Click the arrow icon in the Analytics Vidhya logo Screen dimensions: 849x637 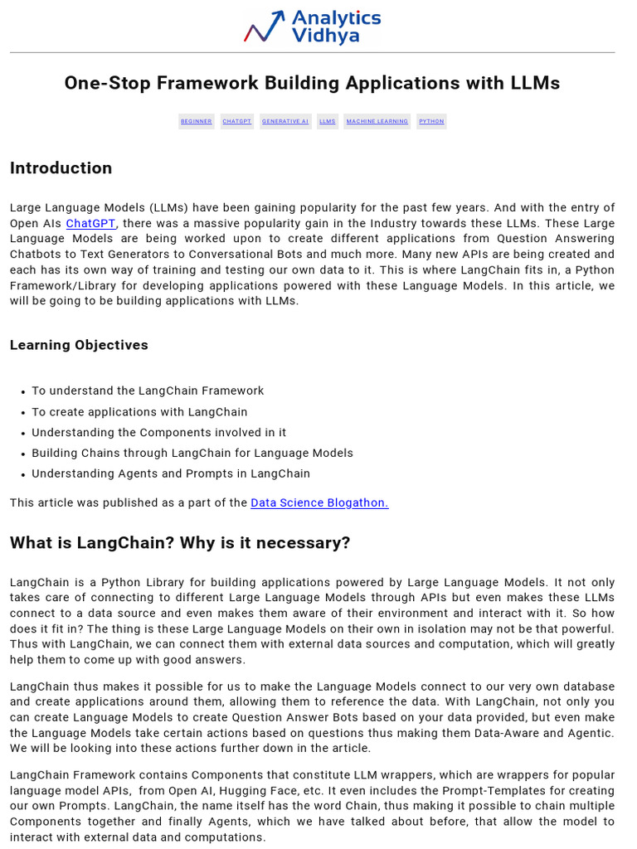point(265,27)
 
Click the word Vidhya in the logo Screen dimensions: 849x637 point(325,36)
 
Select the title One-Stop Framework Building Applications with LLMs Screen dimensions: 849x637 point(312,83)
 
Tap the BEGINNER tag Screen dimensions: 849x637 point(197,121)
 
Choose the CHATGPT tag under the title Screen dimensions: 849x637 point(237,121)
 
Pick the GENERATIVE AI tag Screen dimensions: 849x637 point(285,121)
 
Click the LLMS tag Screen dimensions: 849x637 point(328,121)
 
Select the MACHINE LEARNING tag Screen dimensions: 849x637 point(377,121)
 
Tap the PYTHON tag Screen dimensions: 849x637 point(431,121)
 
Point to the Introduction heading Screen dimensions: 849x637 point(61,168)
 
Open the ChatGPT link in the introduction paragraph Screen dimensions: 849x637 point(90,223)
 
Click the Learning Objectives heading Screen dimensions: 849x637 point(79,345)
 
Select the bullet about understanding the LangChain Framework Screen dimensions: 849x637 point(148,391)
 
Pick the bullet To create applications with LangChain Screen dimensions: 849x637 point(139,412)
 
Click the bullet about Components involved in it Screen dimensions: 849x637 point(158,433)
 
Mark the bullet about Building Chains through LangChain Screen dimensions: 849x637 point(192,454)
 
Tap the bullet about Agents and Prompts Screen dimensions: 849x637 point(171,474)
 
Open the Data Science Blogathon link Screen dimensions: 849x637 point(319,502)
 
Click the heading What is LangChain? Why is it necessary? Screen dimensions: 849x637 point(180,543)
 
